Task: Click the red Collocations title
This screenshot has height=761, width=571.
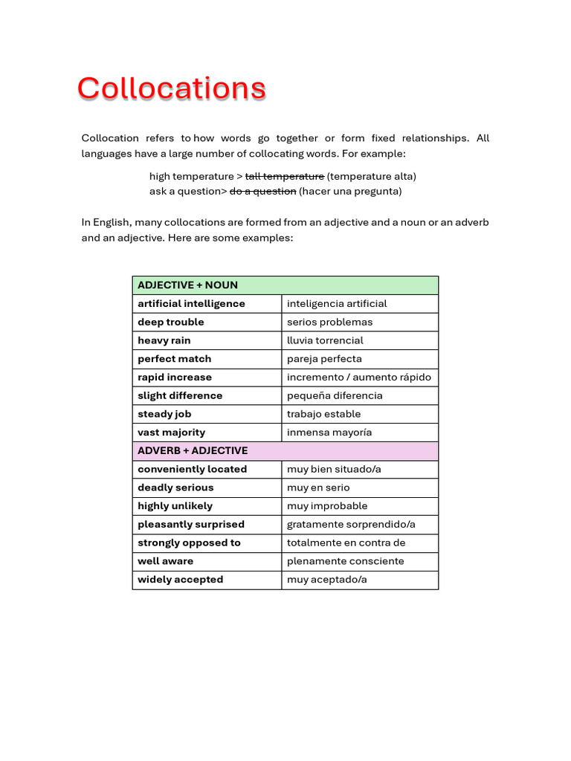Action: tap(171, 88)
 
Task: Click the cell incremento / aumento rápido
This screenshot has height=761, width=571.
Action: tap(358, 378)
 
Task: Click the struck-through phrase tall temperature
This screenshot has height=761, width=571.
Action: tap(285, 176)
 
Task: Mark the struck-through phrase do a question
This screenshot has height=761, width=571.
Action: tap(262, 191)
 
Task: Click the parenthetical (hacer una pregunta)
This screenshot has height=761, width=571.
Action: tap(350, 191)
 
